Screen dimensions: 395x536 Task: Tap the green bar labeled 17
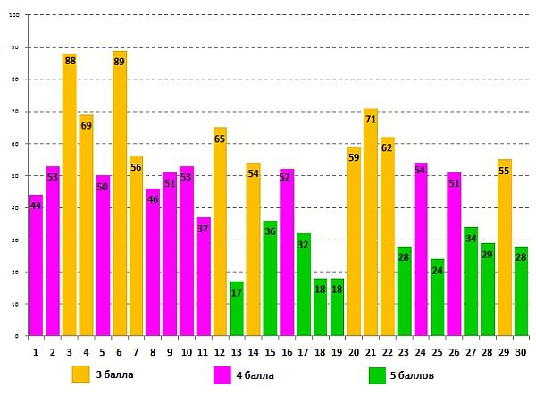pyautogui.click(x=237, y=308)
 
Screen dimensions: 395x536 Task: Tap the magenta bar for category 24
pyautogui.click(x=421, y=249)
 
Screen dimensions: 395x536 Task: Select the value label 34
pyautogui.click(x=471, y=239)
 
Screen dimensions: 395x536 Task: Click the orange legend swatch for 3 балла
pyautogui.click(x=81, y=374)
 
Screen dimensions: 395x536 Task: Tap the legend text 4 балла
pyautogui.click(x=255, y=374)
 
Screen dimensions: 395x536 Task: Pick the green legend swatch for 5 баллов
pyautogui.click(x=377, y=374)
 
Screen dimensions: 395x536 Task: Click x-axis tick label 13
pyautogui.click(x=237, y=352)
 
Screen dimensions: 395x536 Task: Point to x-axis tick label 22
pyautogui.click(x=387, y=352)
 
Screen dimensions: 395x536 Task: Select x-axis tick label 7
pyautogui.click(x=136, y=352)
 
